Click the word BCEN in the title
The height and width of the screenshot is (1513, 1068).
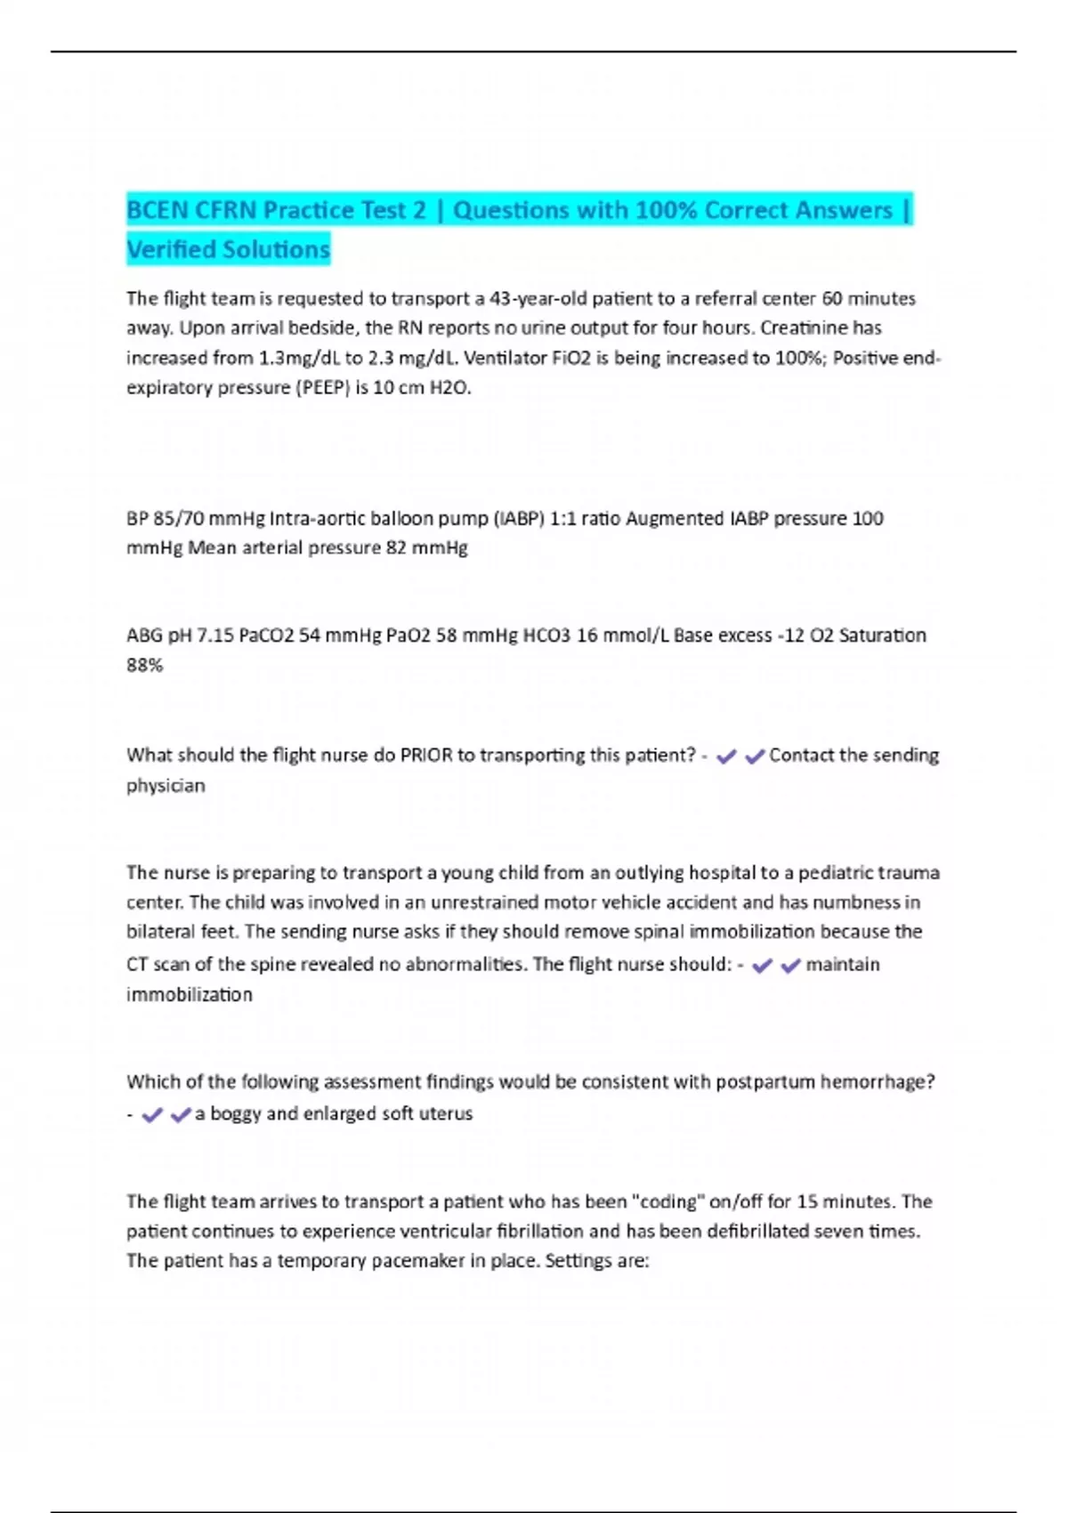coord(157,210)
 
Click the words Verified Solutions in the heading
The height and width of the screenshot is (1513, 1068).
coord(228,249)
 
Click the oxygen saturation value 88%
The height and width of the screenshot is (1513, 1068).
coord(144,665)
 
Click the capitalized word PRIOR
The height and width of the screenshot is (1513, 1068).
coord(425,756)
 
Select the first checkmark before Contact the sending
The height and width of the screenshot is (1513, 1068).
coord(726,756)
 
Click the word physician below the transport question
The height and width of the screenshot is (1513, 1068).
coord(166,786)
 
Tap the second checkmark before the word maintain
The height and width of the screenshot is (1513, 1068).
coord(790,966)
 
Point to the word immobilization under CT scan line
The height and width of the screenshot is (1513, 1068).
coord(189,995)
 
